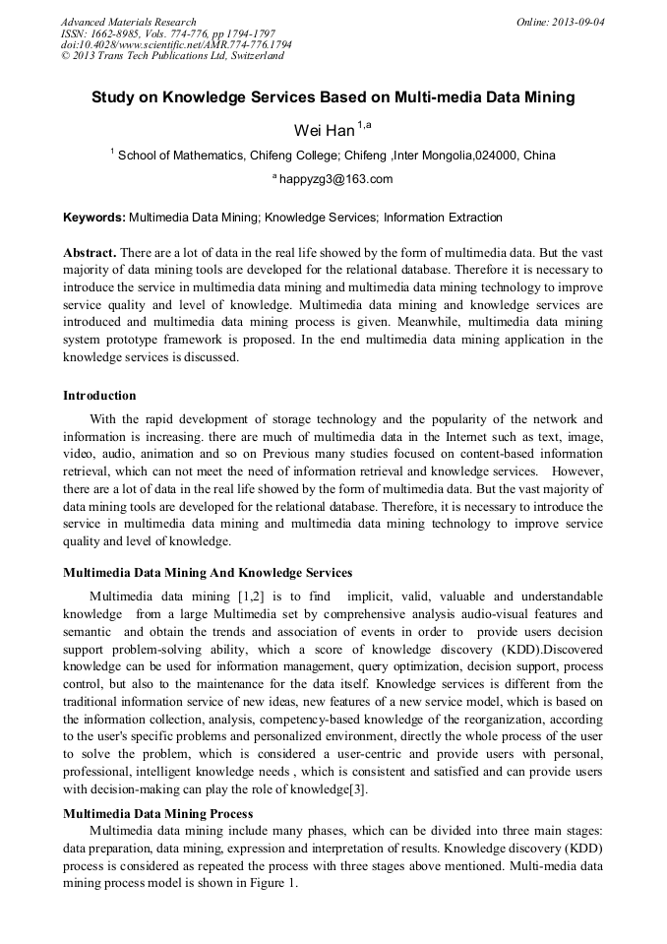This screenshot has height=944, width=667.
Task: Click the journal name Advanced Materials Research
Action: coord(128,22)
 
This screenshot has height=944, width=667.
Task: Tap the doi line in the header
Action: coord(176,45)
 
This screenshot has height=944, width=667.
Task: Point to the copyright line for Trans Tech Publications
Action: coord(172,56)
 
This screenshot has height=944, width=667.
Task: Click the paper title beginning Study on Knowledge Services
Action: coord(333,98)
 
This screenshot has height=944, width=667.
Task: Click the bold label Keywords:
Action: coord(94,218)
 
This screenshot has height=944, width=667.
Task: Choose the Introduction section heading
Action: coord(99,396)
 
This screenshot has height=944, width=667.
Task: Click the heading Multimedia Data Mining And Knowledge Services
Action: coord(208,572)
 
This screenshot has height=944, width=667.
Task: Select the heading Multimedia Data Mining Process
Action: coord(158,814)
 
